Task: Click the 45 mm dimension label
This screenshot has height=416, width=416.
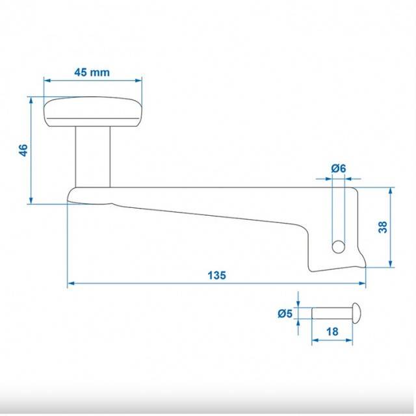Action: [x=92, y=72]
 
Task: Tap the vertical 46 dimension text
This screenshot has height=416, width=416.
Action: [x=24, y=150]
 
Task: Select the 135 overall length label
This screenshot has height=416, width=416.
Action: [x=216, y=275]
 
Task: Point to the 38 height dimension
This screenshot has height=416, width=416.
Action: [x=383, y=227]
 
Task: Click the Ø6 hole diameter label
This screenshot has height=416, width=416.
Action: [x=339, y=168]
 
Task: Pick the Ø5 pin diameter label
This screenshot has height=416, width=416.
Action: [x=285, y=313]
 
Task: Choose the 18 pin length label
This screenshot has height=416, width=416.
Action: [x=332, y=331]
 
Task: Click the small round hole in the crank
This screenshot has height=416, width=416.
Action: [x=338, y=247]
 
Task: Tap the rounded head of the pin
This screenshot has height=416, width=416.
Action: [x=356, y=313]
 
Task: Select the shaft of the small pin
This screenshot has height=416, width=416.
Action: [x=332, y=313]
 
